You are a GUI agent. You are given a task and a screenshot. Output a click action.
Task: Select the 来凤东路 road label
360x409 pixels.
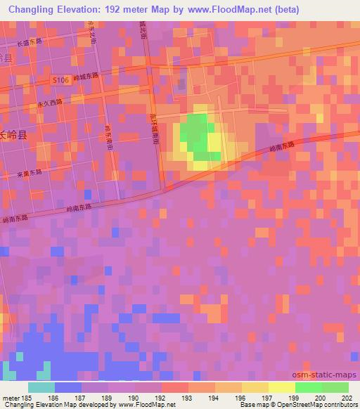28,173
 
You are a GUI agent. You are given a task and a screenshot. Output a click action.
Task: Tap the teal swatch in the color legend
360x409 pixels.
41,387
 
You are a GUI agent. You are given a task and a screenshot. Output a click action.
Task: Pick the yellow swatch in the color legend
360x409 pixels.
282,387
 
